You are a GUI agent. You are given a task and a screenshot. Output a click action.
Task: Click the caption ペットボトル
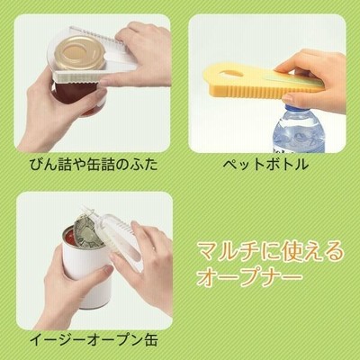point(265,164)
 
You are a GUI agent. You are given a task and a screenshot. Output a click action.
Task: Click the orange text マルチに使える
point(269,251)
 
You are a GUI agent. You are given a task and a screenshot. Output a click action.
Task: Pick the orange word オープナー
point(248,277)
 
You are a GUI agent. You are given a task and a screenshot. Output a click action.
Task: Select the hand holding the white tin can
point(69,285)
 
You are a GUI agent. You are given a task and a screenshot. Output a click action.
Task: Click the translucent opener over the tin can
point(120,237)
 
